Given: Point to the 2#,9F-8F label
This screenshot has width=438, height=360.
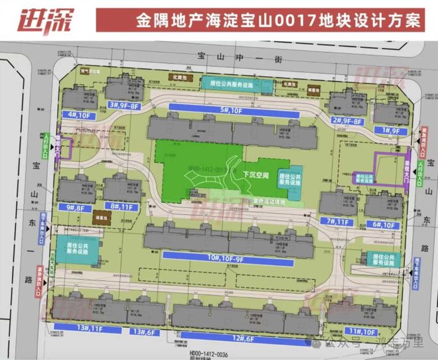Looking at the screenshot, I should click(x=347, y=120).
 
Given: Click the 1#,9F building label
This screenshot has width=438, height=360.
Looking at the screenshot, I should click(x=387, y=131).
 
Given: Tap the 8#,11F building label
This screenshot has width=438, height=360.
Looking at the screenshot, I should click(x=124, y=206).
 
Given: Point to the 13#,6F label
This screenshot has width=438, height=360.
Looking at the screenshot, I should click(x=145, y=330).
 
